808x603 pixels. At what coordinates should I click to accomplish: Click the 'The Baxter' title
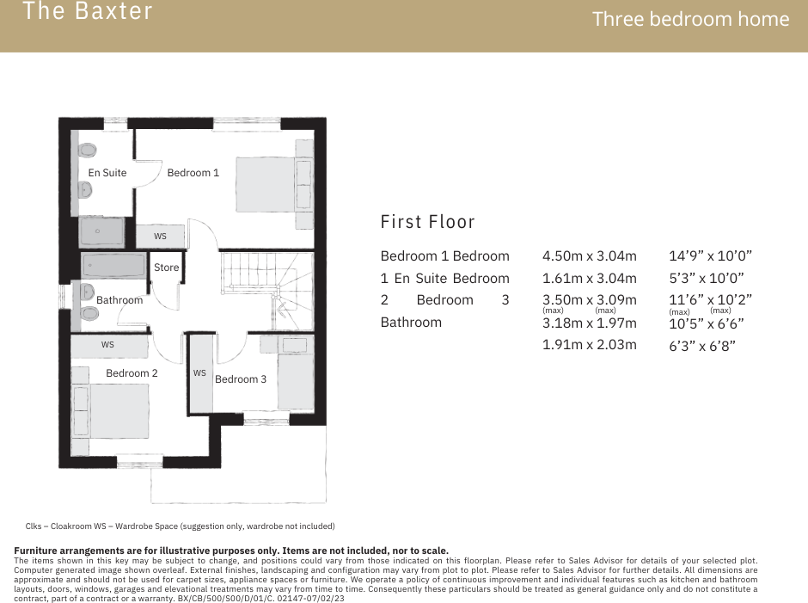pyautogui.click(x=88, y=12)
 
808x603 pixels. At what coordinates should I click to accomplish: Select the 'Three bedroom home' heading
pyautogui.click(x=690, y=19)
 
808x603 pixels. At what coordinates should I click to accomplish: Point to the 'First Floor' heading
pyautogui.click(x=427, y=222)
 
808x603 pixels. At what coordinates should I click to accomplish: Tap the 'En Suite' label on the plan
pyautogui.click(x=107, y=173)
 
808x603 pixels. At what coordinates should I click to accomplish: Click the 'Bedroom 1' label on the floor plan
pyautogui.click(x=193, y=173)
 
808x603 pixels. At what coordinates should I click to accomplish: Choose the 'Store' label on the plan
pyautogui.click(x=166, y=268)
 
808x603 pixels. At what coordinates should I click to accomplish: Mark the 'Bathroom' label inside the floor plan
pyautogui.click(x=119, y=300)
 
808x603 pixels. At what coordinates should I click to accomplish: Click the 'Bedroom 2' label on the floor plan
pyautogui.click(x=132, y=373)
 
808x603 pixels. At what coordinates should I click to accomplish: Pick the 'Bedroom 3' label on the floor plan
pyautogui.click(x=241, y=379)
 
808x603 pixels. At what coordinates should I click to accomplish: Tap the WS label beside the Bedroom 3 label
pyautogui.click(x=199, y=373)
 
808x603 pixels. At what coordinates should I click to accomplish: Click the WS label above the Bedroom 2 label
pyautogui.click(x=107, y=345)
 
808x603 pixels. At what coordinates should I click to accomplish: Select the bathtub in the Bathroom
pyautogui.click(x=113, y=265)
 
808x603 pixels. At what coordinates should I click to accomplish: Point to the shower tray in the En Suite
pyautogui.click(x=101, y=231)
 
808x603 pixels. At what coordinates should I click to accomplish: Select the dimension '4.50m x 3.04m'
pyautogui.click(x=589, y=256)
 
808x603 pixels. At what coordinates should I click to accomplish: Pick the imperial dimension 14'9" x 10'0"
pyautogui.click(x=710, y=256)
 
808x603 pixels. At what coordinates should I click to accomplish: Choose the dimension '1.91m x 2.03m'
pyautogui.click(x=589, y=345)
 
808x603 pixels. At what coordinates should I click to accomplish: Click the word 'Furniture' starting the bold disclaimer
pyautogui.click(x=40, y=551)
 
